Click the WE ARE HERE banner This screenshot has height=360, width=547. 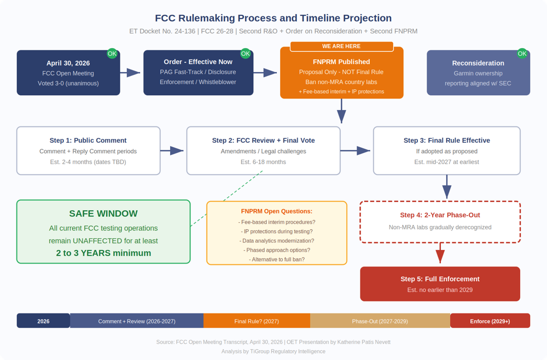341,46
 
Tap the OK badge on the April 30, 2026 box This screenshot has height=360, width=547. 112,54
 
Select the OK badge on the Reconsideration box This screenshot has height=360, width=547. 522,54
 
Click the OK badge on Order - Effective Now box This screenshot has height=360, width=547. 245,54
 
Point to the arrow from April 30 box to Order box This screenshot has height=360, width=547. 130,73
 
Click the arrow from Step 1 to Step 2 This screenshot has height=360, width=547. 172,150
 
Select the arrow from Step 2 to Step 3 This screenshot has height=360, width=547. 355,150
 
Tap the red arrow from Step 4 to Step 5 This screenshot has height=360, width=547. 440,253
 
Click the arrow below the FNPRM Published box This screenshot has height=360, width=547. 341,111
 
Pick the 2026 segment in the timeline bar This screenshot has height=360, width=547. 43,321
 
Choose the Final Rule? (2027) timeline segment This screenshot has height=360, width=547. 257,321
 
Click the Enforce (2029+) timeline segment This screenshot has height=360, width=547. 490,321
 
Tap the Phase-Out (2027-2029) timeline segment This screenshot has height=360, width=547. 380,321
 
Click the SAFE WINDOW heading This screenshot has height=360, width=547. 103,213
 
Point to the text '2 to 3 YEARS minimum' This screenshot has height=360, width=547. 103,253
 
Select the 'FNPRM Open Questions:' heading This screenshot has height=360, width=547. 277,211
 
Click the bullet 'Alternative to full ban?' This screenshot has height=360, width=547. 277,259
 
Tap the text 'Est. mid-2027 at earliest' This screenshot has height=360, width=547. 446,162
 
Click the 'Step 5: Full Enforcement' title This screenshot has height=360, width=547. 440,279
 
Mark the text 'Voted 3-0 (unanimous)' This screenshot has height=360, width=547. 68,83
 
